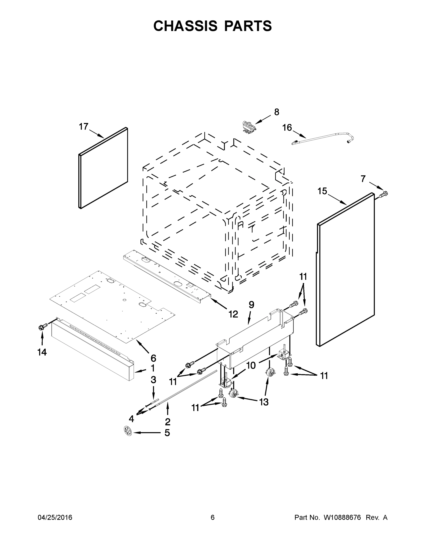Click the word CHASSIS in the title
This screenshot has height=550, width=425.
tap(185, 26)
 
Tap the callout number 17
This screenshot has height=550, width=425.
tap(84, 126)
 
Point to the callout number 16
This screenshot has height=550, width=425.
tap(287, 128)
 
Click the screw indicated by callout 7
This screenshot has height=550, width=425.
tap(384, 194)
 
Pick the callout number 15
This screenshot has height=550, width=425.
tap(322, 191)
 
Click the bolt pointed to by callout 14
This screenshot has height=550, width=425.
tap(42, 327)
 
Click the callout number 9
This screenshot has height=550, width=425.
tap(251, 305)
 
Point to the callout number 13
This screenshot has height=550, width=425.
tap(264, 402)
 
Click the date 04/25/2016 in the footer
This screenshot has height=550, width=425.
tap(55, 517)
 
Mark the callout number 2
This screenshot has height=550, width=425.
tap(167, 422)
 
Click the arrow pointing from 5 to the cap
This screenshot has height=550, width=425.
tap(147, 433)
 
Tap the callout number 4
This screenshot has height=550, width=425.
tap(131, 419)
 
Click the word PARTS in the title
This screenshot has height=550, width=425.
tap(248, 26)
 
